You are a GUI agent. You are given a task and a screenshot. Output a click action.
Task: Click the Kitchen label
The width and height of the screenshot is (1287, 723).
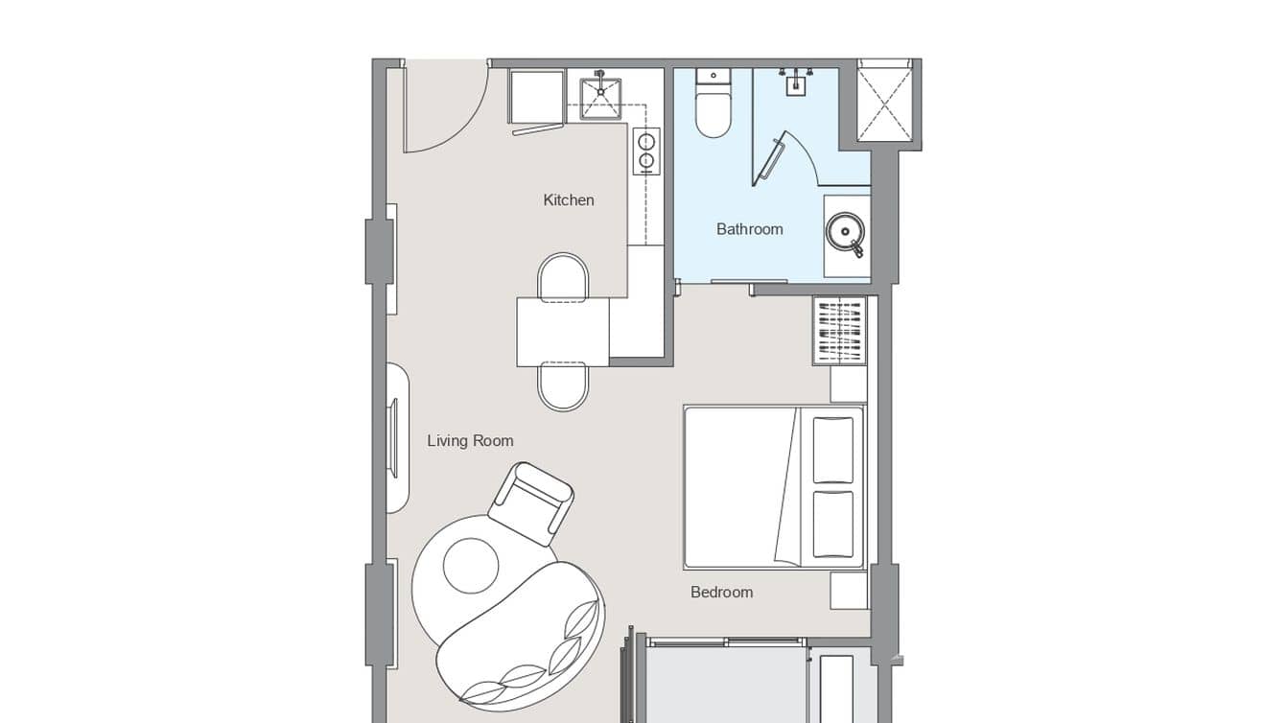tap(569, 200)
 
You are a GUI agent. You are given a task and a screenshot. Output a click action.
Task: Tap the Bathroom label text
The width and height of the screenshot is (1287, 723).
tap(749, 229)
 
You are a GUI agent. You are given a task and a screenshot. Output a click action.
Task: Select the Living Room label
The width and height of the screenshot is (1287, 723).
tap(470, 441)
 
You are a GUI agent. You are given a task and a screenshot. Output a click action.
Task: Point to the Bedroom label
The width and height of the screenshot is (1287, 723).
tap(721, 593)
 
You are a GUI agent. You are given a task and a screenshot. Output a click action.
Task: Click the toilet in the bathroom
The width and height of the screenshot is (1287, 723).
tap(713, 108)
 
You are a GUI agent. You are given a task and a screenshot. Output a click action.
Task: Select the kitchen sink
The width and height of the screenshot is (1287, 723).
tap(600, 98)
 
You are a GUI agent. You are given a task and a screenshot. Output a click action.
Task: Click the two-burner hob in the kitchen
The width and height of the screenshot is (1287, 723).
tap(646, 152)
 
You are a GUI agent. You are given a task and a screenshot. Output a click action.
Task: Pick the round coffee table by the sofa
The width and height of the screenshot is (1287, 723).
tap(471, 566)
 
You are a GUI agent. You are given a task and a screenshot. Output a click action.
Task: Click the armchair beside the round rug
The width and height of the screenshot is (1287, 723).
tap(532, 501)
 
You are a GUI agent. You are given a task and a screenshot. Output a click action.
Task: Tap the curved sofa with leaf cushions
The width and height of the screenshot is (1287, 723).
tap(523, 638)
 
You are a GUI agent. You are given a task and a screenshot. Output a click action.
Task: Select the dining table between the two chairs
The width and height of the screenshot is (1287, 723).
tap(563, 332)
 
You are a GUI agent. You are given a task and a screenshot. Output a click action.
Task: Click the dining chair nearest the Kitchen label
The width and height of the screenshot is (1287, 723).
tap(563, 276)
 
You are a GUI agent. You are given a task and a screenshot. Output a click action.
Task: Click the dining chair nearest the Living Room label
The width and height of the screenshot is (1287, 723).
tap(563, 386)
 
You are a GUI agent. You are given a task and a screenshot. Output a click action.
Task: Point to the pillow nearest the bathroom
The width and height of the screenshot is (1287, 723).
tap(832, 450)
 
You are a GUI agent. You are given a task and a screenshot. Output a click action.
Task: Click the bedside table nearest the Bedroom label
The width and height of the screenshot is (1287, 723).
tap(849, 590)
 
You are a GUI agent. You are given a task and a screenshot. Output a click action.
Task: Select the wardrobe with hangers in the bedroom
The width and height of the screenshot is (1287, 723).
tap(840, 331)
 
